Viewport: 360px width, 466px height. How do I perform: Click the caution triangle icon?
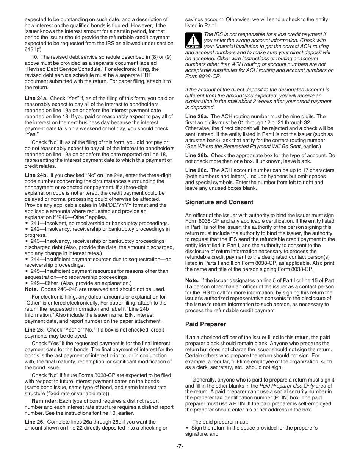(x=193, y=40)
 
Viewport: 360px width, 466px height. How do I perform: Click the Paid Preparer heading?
(x=205, y=324)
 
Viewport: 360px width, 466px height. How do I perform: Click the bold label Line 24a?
(x=36, y=99)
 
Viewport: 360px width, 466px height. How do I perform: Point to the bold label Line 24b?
(x=36, y=175)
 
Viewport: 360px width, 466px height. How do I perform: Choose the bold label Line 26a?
(x=197, y=116)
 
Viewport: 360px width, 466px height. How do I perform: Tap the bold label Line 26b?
(x=197, y=155)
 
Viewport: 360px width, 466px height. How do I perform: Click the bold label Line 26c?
(x=197, y=170)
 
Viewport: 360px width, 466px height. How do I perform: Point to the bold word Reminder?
(x=44, y=401)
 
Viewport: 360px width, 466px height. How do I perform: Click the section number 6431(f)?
(x=33, y=50)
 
